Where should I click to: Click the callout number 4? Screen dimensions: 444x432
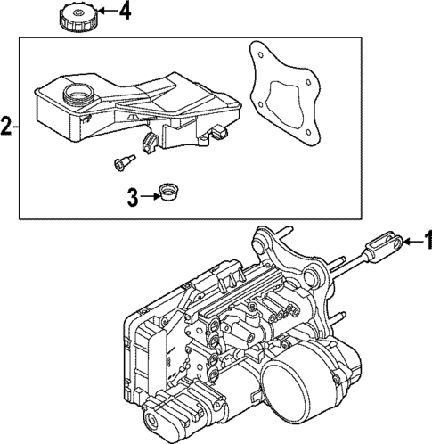pyautogui.click(x=124, y=12)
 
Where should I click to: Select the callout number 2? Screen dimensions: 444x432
pyautogui.click(x=6, y=127)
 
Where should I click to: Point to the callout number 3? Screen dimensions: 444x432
pyautogui.click(x=132, y=197)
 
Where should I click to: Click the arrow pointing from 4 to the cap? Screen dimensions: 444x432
pyautogui.click(x=105, y=12)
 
